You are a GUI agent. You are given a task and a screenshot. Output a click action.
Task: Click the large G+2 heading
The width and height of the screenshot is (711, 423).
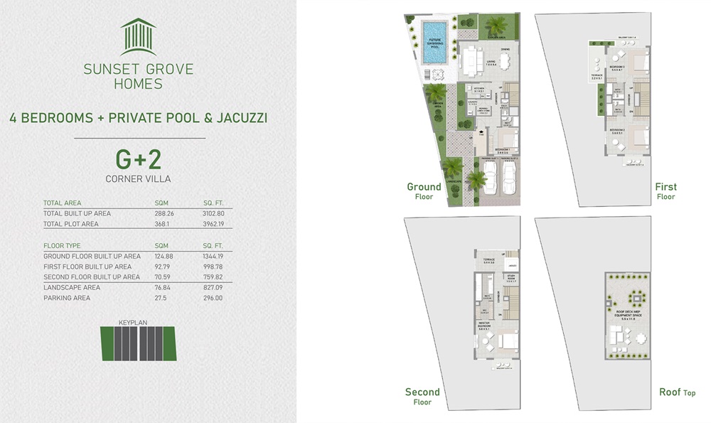click(139, 158)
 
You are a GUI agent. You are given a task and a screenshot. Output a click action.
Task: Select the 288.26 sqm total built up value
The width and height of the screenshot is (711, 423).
click(164, 213)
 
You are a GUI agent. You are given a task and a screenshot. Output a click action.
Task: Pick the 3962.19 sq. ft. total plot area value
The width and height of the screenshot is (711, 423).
click(213, 225)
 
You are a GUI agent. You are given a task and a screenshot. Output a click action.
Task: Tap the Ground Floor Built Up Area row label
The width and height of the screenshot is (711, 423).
click(92, 256)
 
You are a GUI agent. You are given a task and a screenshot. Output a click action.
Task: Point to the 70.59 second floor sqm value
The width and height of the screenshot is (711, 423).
click(163, 277)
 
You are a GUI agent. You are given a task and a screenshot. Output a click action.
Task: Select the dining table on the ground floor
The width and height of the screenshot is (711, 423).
click(505, 61)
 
